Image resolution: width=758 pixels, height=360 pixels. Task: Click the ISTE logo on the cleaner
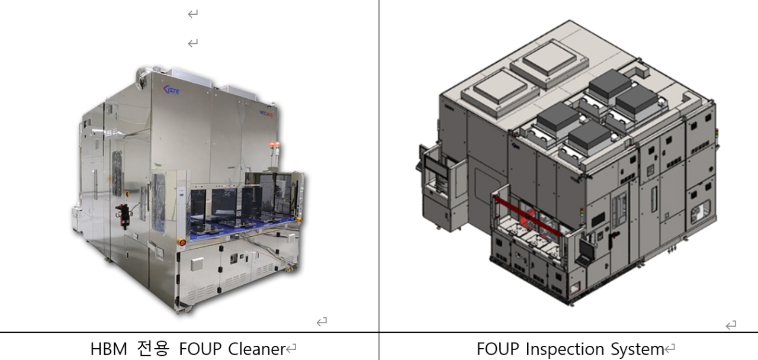[x=171, y=89]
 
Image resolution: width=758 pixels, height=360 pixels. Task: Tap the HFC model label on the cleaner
[x=266, y=114]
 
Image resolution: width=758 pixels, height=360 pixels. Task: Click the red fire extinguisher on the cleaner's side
[x=122, y=216]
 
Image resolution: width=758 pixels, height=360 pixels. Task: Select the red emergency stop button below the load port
[x=182, y=242]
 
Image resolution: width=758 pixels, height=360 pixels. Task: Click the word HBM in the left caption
[x=109, y=349]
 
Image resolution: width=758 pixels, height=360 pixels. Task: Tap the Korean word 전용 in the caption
[x=153, y=349]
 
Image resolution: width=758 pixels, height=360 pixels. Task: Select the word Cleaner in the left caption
[x=257, y=349]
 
